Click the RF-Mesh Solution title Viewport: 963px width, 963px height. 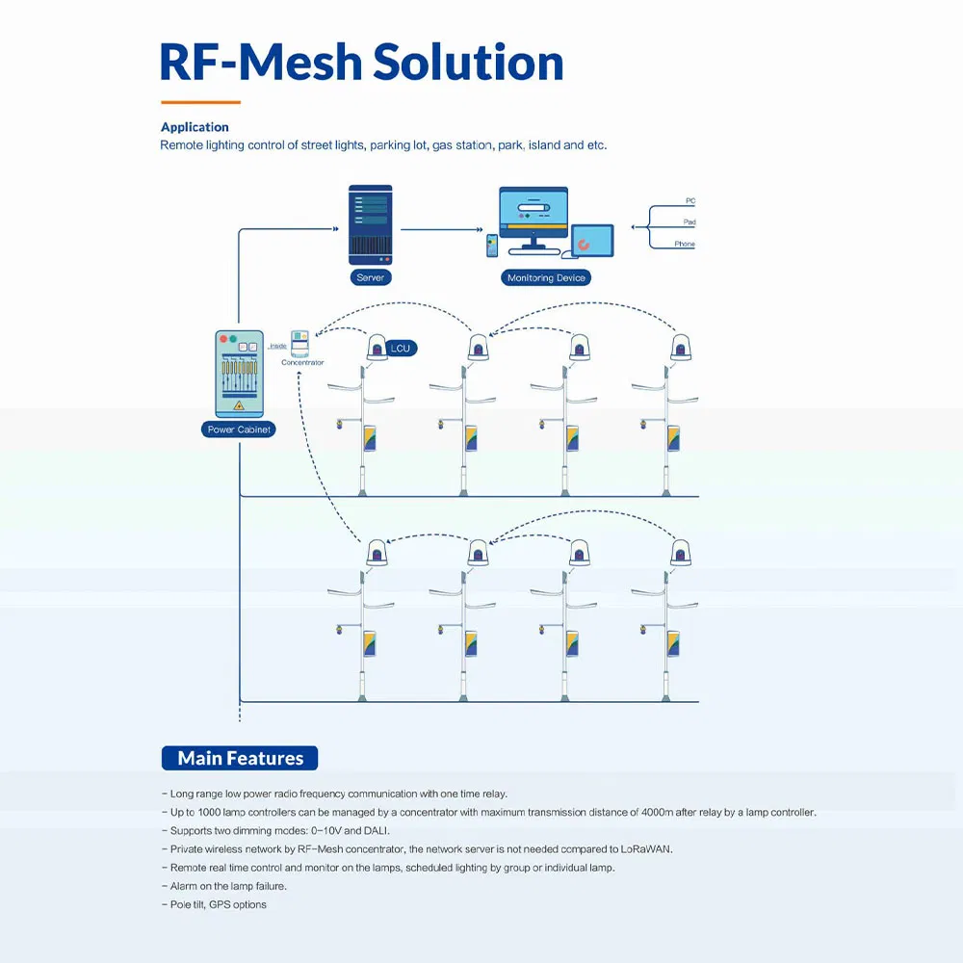pos(361,62)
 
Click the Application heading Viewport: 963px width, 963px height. pos(195,127)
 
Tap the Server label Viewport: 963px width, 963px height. pos(370,277)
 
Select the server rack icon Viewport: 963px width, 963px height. pos(370,225)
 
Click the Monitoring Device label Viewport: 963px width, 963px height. pos(545,277)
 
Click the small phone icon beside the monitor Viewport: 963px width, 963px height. pos(492,246)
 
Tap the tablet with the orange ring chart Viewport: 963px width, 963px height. pos(591,241)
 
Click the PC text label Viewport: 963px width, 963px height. pos(690,201)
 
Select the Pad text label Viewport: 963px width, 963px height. pos(690,222)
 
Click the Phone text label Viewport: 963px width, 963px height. pos(685,245)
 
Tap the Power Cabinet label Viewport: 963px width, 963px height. pos(239,429)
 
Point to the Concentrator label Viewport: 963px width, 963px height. pos(302,363)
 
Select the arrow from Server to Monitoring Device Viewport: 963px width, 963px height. pos(441,229)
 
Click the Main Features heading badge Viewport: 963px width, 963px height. pos(240,758)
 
